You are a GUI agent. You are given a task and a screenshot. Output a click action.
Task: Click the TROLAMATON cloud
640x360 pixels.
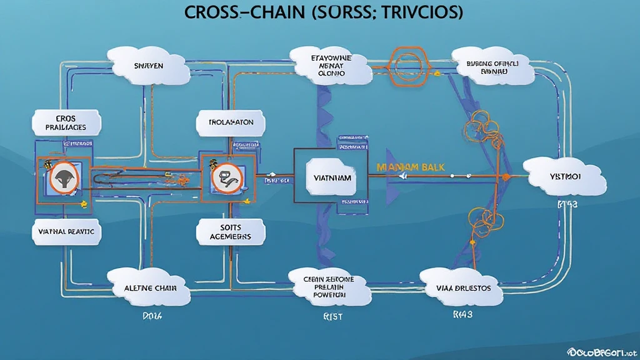click(227, 122)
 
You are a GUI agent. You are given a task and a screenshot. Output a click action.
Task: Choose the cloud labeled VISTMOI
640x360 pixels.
click(564, 177)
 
